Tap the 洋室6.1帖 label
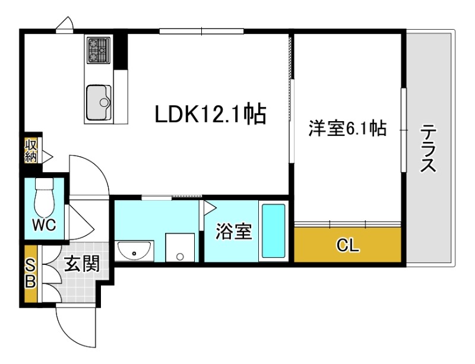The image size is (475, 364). [x=347, y=128]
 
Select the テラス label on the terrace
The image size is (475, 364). [x=429, y=148]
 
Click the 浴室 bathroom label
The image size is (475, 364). [x=233, y=231]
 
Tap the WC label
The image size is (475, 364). [x=44, y=225]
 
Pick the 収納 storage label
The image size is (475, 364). [x=30, y=150]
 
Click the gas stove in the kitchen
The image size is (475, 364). [x=99, y=50]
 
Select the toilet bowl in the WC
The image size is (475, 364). [x=45, y=198]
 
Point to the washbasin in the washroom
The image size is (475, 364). [x=135, y=252]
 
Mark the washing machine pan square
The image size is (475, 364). [x=179, y=247]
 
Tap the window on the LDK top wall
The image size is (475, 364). [x=201, y=31]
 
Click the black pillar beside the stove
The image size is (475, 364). [x=121, y=51]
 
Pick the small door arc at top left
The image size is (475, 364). [x=65, y=24]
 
